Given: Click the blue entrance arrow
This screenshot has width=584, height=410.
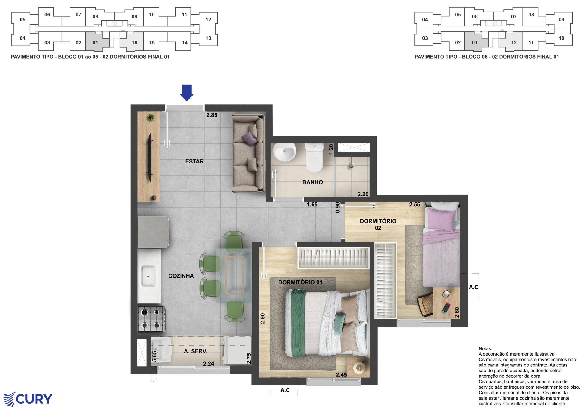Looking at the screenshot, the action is coord(187,93).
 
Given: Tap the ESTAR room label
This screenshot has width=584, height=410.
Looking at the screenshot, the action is coord(195,161).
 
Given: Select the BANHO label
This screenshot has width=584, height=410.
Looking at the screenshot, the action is coord(312,182).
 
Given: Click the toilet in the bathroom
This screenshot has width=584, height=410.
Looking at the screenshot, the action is coord(315,157).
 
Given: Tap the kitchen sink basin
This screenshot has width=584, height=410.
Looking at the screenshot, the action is coord(149,276).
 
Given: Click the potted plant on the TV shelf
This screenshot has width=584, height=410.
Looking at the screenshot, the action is coord(151,118).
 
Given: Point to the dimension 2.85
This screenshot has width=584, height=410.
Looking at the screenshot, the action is coord(212,115).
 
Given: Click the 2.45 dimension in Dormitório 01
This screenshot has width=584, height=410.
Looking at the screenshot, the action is coord(341,375).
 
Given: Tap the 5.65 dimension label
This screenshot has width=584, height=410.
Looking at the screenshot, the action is coord(154,356).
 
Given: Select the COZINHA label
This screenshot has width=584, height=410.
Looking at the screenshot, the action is coord(181,276).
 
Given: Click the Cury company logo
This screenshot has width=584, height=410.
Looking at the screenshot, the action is coord(28,399).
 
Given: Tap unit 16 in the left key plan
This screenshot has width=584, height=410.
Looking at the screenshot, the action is coord(134,42).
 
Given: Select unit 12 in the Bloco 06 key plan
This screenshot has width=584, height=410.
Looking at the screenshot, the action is coord(514,42).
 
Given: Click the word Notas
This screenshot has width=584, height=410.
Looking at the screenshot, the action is coord(485,348).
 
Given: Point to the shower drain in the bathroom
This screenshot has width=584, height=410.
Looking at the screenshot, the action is coord(351,166).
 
